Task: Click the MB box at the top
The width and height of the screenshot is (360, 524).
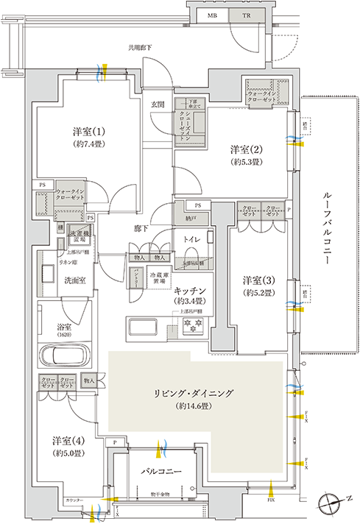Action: (211, 15)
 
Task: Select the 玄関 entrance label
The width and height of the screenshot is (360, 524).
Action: (158, 105)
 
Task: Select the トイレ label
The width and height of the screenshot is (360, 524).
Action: (190, 239)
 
